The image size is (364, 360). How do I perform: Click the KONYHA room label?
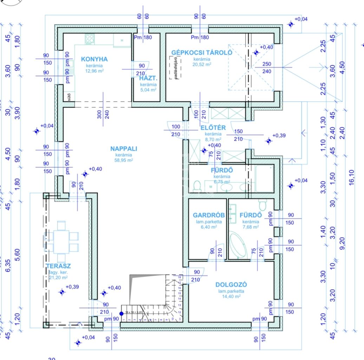tap(94, 59)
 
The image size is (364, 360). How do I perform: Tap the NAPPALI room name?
tap(124, 149)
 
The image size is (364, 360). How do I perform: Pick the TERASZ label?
tap(58, 266)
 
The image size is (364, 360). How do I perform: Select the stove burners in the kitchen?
tap(89, 39)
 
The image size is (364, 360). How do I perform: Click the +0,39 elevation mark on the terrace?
tap(62, 291)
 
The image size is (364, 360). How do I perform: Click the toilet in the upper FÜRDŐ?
tap(197, 186)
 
